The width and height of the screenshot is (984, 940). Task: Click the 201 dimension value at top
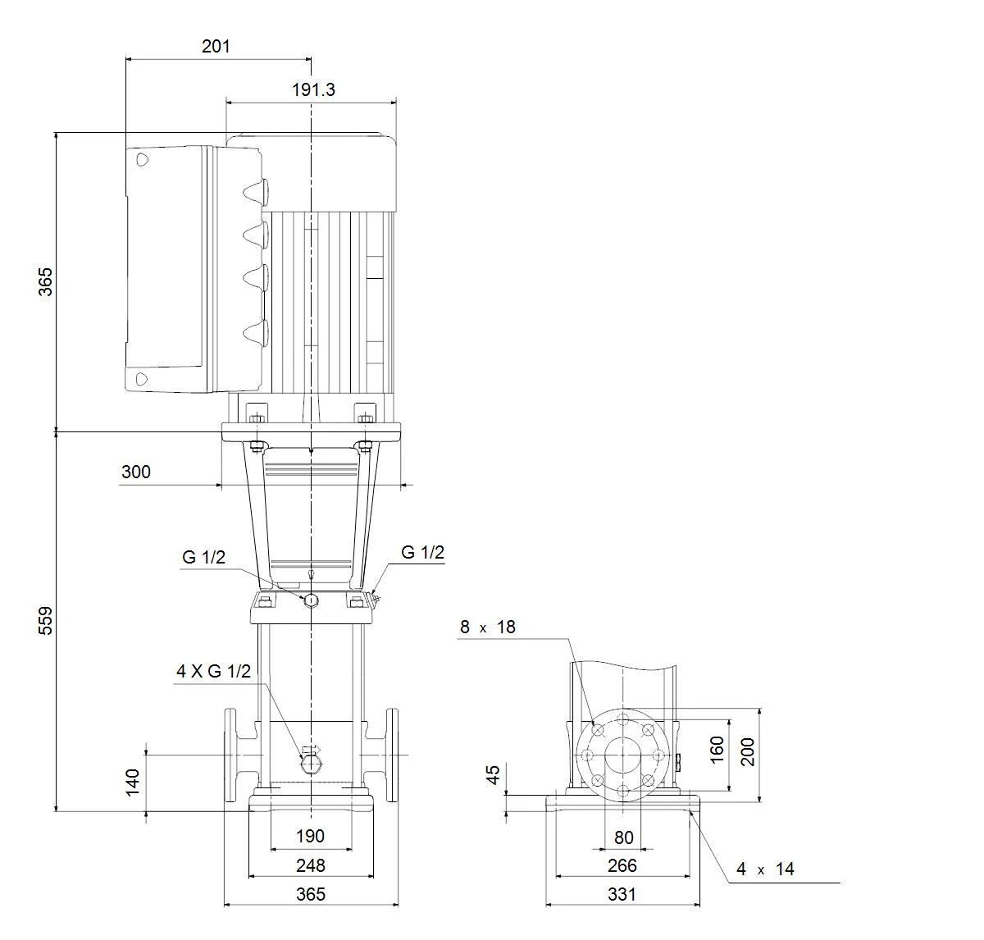216,47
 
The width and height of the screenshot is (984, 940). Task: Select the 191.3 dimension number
313,90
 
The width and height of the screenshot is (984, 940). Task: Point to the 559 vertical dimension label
45,620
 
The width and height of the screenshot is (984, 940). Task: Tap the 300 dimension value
135,472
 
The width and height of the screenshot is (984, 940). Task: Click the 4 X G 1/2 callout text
213,671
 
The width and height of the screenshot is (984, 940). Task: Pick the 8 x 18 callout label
487,627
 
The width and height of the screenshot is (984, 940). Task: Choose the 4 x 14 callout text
765,869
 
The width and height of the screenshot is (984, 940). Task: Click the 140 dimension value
133,783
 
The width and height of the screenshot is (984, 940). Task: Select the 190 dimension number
310,837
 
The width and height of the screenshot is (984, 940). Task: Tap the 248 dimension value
311,865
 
